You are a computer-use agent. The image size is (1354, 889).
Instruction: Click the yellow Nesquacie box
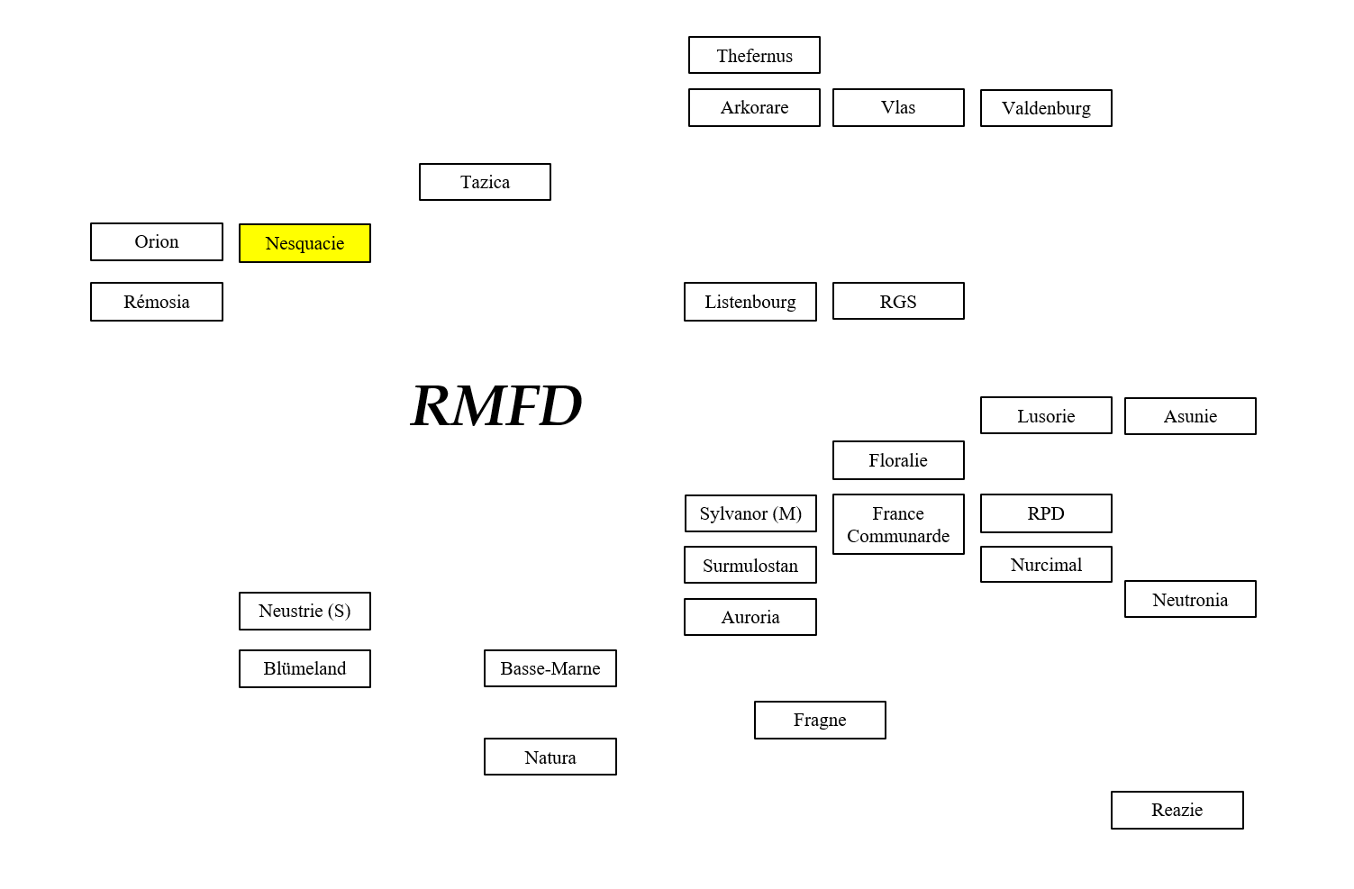tap(304, 243)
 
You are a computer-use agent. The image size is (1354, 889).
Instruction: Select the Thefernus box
tap(754, 55)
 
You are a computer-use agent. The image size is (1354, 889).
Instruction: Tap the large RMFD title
tap(496, 405)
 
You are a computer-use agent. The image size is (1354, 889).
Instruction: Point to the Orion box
tap(157, 241)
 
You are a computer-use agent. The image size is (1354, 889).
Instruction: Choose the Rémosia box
tap(157, 302)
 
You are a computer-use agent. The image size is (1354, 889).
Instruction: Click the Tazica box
tap(485, 182)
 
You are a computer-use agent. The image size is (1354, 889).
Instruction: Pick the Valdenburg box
tap(1046, 108)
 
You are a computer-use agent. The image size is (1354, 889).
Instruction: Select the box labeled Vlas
tap(898, 107)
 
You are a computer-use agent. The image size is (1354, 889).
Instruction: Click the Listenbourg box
tap(750, 302)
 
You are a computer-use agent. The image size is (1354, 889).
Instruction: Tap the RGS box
tap(898, 301)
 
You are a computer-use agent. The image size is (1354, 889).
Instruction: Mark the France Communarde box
tap(898, 524)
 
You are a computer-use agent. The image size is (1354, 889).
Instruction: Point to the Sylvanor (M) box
tap(750, 513)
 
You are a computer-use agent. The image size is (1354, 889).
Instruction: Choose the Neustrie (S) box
tap(304, 611)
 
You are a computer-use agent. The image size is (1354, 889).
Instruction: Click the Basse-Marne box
tap(550, 668)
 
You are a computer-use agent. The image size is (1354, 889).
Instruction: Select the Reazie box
tap(1177, 810)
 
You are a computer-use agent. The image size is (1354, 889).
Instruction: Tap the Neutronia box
tap(1190, 599)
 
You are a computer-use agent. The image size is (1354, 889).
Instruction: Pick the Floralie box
tap(898, 460)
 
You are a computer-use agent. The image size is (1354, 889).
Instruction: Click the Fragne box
tap(820, 720)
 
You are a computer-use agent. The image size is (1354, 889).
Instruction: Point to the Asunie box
tap(1190, 416)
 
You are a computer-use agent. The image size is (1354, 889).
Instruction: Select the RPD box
tap(1046, 513)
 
